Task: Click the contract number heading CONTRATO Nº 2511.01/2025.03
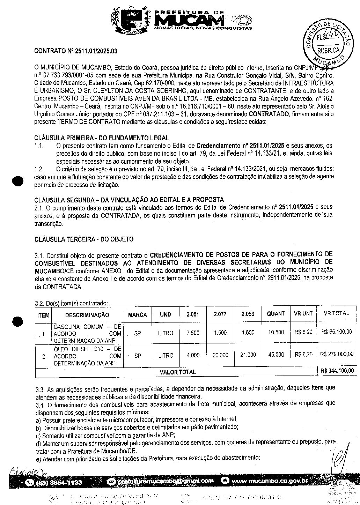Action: (76, 51)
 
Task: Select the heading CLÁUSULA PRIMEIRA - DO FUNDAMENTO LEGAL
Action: (102, 138)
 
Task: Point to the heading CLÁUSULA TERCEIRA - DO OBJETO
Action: (84, 239)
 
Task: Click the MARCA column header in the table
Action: (138, 314)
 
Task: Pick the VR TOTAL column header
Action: (336, 313)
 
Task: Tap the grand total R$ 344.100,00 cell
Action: (337, 371)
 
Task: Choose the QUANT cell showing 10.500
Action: (276, 332)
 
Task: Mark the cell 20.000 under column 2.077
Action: (220, 355)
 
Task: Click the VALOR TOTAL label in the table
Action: (178, 372)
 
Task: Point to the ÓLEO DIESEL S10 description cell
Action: (87, 356)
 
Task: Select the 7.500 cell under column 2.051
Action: (193, 333)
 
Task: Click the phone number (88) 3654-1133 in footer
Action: (59, 483)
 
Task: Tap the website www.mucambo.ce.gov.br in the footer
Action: (270, 481)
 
